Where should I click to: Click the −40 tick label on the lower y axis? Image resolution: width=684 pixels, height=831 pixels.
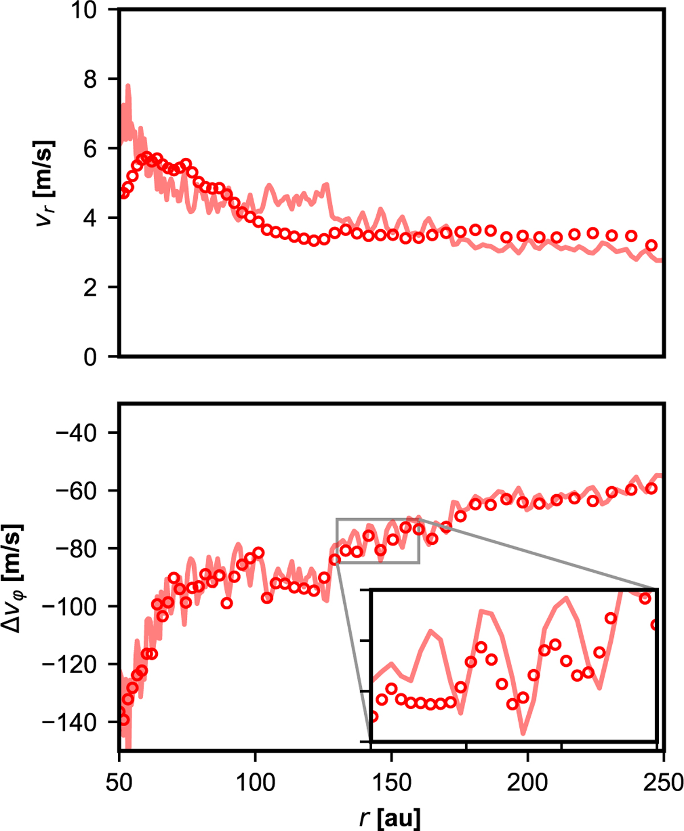pos(77,433)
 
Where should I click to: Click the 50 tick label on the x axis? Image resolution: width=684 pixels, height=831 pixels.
pos(119,782)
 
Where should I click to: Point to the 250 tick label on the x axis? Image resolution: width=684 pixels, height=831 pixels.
pos(662,782)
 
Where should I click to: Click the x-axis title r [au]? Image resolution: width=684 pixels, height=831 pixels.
pos(390,817)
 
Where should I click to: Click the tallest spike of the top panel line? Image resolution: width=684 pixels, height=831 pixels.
pos(128,85)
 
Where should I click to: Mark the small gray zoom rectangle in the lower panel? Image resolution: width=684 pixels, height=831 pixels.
pos(378,540)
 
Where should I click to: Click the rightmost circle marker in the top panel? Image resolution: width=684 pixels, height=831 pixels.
pos(652,246)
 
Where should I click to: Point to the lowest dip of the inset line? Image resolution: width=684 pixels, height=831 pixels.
pos(523,733)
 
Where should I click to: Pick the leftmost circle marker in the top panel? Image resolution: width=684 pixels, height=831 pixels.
pos(124,193)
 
